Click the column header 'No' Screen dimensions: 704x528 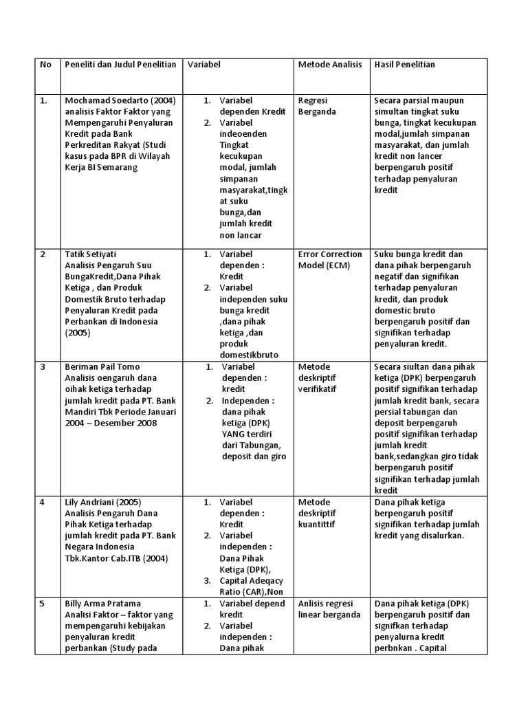click(45, 65)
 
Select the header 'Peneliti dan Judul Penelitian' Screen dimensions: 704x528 click(120, 65)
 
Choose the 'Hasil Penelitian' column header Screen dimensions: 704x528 click(404, 65)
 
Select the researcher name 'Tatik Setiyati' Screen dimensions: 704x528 click(93, 254)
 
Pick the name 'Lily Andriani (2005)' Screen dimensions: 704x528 click(103, 502)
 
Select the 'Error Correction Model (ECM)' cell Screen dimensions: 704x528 click(330, 260)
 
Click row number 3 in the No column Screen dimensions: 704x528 click(43, 366)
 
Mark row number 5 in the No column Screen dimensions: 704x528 click(43, 604)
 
